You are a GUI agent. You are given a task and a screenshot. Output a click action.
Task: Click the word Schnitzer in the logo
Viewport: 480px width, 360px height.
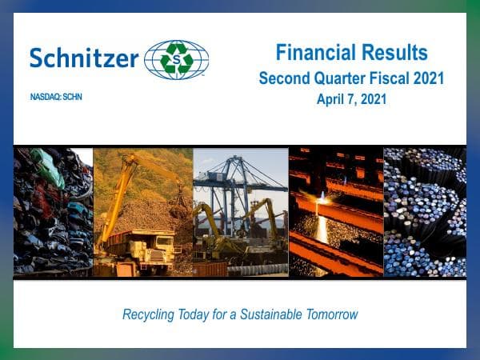click(x=84, y=58)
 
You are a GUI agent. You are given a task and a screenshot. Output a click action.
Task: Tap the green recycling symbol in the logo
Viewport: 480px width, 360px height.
click(x=177, y=60)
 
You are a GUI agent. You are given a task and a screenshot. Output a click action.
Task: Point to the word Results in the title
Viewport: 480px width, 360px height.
click(x=393, y=54)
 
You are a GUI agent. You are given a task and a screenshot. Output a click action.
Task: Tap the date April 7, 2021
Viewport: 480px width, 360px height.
click(x=351, y=100)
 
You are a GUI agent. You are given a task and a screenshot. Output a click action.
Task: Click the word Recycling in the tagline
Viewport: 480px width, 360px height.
click(x=152, y=314)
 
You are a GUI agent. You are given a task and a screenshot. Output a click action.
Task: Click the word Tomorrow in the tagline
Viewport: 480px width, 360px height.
click(x=330, y=314)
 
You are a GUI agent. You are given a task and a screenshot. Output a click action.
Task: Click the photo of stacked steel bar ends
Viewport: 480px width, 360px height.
click(x=424, y=212)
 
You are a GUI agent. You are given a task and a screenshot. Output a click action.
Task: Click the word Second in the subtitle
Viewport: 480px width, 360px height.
click(x=284, y=79)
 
